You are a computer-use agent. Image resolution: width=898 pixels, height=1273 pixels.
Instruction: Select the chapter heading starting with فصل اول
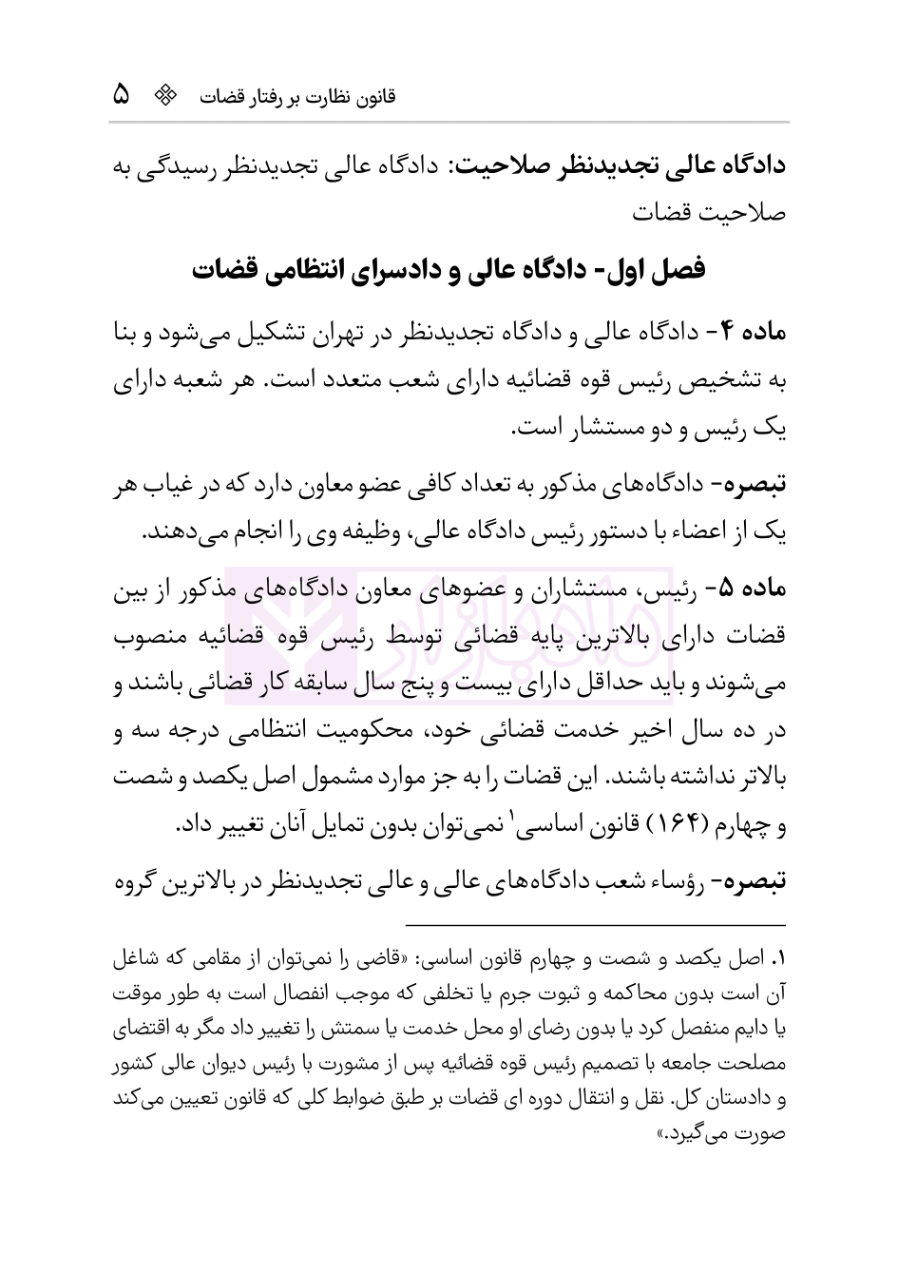tap(449, 269)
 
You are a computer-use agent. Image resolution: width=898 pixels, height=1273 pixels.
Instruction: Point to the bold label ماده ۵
tap(751, 589)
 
